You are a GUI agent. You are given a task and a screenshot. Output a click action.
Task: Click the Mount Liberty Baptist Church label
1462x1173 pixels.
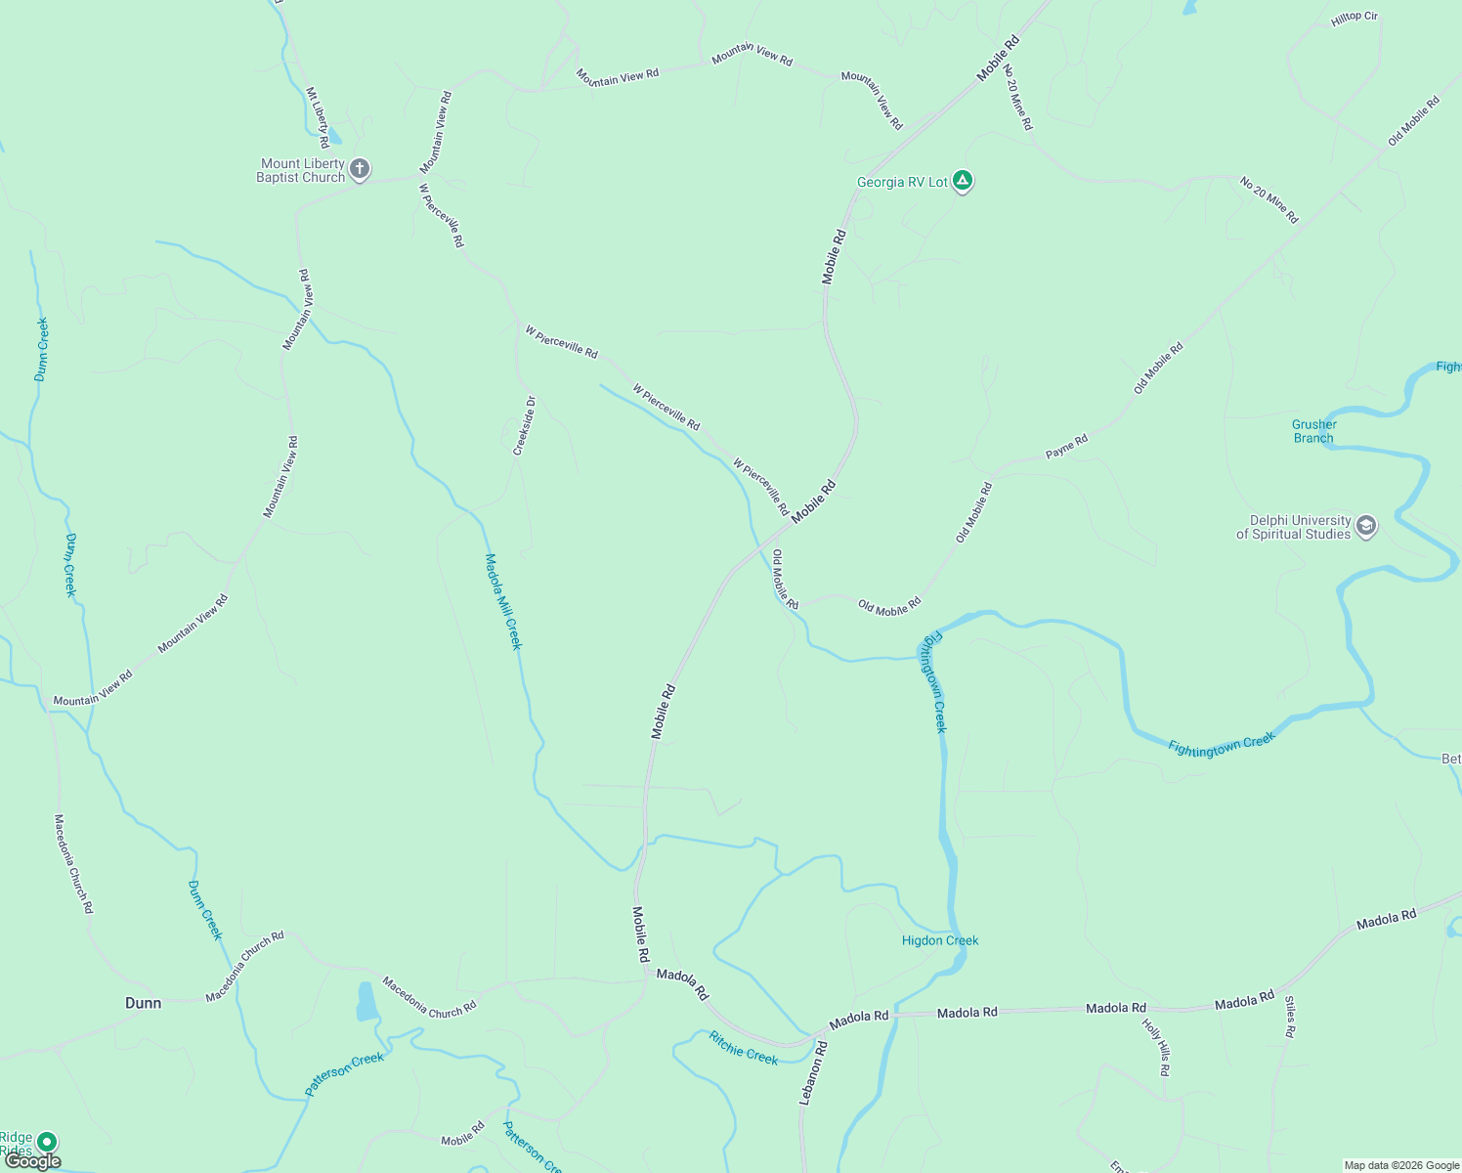(301, 171)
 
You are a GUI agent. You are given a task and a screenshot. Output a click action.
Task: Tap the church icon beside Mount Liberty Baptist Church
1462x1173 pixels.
(360, 170)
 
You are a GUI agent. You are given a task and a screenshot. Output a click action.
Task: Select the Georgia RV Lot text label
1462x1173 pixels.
(902, 183)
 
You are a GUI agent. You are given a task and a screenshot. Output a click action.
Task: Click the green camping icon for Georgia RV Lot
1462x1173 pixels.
(963, 181)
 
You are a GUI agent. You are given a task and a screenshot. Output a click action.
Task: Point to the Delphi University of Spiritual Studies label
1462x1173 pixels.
(1293, 528)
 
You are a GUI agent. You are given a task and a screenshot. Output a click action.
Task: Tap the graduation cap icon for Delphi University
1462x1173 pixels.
(1366, 527)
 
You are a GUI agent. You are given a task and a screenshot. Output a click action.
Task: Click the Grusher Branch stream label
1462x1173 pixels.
(1313, 431)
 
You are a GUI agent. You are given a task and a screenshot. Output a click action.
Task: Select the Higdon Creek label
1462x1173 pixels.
(940, 940)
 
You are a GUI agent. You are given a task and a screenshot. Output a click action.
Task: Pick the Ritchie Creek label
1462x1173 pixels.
(744, 1048)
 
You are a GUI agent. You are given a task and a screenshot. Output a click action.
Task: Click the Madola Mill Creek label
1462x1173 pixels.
(504, 601)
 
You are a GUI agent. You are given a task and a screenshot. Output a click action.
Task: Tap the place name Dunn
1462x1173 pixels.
(143, 1003)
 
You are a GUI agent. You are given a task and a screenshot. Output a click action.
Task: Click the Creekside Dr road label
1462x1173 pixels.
(524, 425)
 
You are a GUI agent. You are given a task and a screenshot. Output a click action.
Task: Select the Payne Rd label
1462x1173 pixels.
(1066, 447)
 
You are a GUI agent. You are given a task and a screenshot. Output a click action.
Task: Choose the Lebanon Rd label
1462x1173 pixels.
(813, 1072)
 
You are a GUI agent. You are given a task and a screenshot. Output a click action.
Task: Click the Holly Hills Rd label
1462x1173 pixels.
(1156, 1047)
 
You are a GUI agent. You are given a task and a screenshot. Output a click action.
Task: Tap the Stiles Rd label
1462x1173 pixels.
(1290, 1017)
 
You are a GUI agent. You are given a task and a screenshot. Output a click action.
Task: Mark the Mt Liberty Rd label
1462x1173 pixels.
(318, 117)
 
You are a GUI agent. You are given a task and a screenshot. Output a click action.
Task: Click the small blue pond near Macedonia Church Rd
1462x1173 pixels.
(366, 1002)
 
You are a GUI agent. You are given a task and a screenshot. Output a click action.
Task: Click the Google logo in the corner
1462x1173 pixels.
(33, 1161)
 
